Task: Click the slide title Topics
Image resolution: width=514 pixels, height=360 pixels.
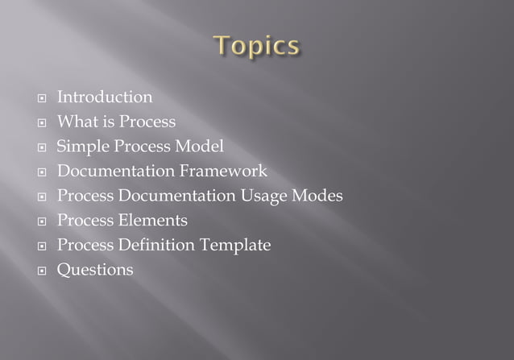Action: [257, 46]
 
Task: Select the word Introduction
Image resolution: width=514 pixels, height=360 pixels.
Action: [104, 97]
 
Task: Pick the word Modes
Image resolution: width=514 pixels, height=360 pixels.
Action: [317, 196]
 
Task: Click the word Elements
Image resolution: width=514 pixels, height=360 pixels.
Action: [153, 221]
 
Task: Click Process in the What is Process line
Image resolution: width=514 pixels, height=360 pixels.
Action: [147, 122]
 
